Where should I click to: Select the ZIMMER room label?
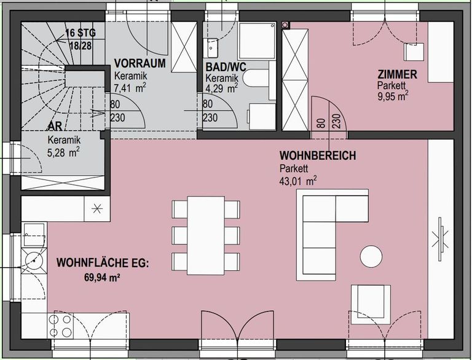click(x=397, y=76)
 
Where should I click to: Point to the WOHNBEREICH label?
click(x=317, y=156)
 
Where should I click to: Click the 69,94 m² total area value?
click(x=102, y=278)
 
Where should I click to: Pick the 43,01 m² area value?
click(x=298, y=181)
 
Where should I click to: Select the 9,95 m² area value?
click(x=393, y=96)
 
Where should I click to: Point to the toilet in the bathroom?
click(x=253, y=77)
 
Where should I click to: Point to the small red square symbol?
click(x=285, y=25)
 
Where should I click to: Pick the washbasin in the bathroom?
click(x=213, y=44)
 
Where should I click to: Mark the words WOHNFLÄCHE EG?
click(x=102, y=264)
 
